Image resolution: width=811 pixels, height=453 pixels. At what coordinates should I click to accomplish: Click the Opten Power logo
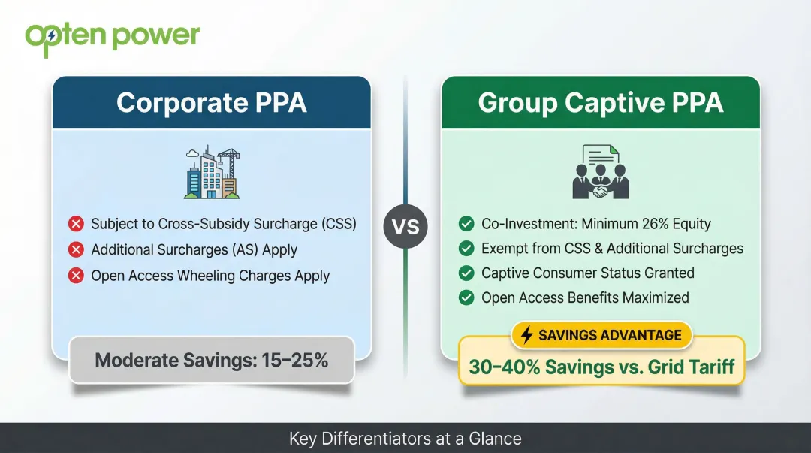(x=113, y=37)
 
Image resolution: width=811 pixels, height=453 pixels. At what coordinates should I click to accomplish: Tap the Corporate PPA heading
(x=211, y=103)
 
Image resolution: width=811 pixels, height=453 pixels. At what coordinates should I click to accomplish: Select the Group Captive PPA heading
(x=600, y=103)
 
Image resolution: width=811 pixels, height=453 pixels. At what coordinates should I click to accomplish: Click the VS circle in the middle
(x=405, y=226)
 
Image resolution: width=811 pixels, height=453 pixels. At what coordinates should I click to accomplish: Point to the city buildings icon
(x=212, y=173)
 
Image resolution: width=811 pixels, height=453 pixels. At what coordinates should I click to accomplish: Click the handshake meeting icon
(x=600, y=173)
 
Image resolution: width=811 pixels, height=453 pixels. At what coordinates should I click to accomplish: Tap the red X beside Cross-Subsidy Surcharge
(x=76, y=224)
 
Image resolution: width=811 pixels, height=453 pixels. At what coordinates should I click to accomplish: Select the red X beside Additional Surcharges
(x=76, y=250)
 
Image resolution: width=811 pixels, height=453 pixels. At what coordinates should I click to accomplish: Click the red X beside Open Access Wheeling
(x=76, y=276)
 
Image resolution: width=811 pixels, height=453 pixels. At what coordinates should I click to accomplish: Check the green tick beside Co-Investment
(x=466, y=224)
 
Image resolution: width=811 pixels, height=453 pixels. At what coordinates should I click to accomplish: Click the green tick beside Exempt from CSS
(x=466, y=248)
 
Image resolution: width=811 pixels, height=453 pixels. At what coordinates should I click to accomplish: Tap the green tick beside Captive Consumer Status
(x=466, y=273)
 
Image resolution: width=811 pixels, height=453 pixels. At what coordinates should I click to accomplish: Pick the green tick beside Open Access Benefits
(x=466, y=297)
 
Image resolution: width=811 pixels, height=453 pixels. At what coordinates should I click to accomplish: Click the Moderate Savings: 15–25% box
(x=211, y=360)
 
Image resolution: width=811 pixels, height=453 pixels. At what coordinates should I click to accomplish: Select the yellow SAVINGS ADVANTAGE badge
(x=601, y=335)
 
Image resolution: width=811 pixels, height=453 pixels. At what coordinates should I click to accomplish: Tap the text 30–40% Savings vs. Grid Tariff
(x=601, y=367)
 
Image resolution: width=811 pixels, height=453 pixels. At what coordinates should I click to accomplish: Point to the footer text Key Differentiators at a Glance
(x=405, y=439)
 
